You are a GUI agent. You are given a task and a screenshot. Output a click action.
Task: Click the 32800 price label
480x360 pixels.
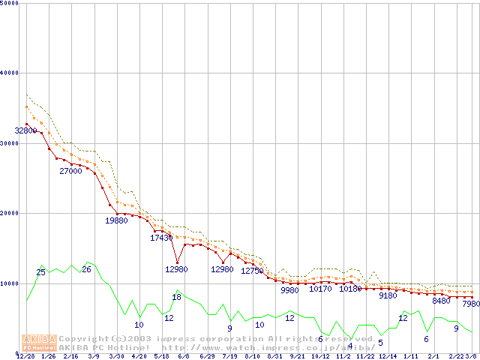point(25,130)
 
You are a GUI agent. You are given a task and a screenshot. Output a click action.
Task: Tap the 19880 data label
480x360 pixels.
point(116,220)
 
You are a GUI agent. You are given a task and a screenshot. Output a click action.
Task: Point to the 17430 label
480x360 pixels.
point(161,238)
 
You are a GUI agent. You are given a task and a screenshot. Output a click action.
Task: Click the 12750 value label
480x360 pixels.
point(252,271)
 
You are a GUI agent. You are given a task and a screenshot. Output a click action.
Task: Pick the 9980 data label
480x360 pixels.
point(289,289)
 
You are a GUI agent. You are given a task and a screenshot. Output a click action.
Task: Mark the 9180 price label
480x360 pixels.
point(388,295)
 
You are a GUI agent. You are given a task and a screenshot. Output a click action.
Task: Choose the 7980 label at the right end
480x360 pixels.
point(470,304)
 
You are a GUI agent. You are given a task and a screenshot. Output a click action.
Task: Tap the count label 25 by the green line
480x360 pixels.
point(40,272)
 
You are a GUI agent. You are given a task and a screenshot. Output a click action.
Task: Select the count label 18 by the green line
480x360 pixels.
point(176,297)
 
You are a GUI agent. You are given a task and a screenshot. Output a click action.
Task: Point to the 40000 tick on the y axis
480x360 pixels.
point(10,73)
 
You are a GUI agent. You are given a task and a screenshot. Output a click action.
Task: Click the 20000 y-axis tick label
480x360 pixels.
point(10,213)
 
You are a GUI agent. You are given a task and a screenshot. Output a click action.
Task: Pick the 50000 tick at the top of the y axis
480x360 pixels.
point(10,3)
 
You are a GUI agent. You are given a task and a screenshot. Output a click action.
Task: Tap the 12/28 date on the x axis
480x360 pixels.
point(25,356)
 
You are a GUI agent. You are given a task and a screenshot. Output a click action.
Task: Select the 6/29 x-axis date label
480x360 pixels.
point(207,356)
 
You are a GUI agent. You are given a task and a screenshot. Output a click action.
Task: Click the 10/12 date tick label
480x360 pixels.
point(320,356)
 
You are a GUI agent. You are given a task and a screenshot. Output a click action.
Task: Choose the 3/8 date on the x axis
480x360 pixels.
point(471,356)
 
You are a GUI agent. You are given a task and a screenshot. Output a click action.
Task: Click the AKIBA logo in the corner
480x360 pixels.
point(39,342)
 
